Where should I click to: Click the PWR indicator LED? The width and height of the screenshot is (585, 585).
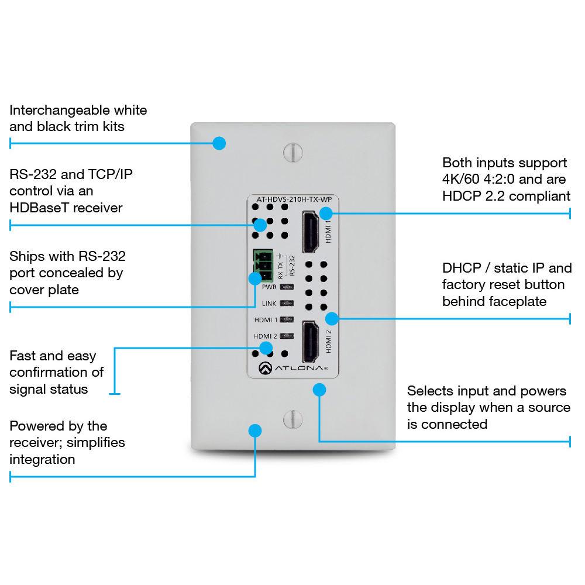[286, 287]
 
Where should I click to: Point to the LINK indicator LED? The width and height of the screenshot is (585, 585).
[286, 304]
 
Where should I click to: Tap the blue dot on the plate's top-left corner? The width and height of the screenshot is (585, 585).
[219, 143]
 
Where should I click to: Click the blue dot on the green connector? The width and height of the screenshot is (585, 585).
[255, 278]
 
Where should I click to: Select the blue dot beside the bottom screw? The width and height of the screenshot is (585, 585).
[254, 431]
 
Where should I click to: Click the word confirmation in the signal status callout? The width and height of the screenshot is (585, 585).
[56, 372]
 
